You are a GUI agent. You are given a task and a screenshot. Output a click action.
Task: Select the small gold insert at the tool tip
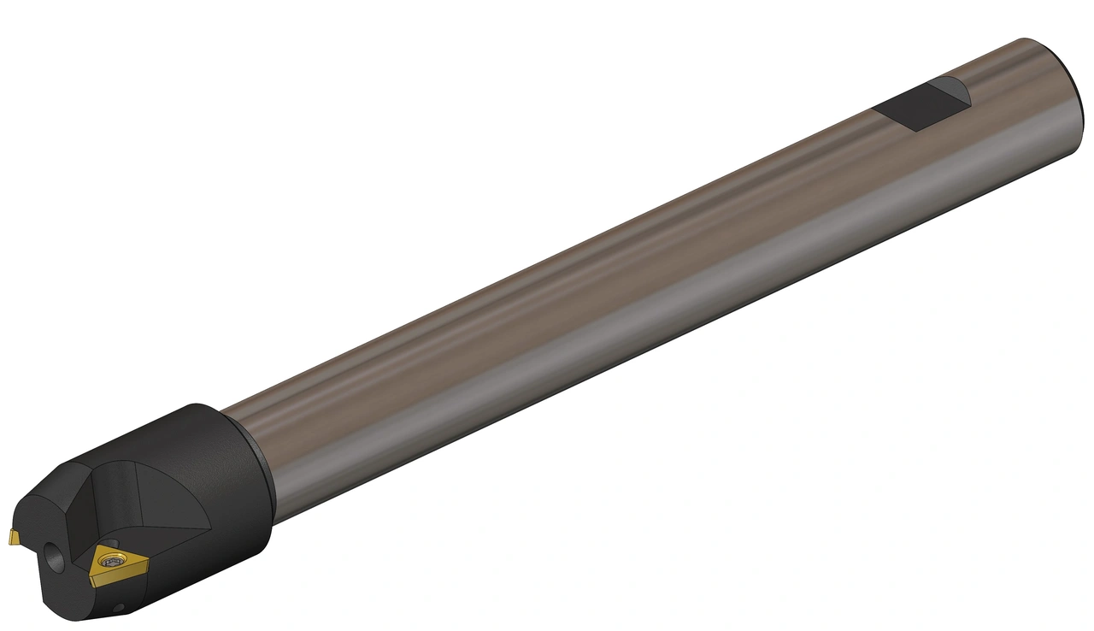tap(14, 536)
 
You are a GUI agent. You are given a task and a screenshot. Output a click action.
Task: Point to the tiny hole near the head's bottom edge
tap(121, 608)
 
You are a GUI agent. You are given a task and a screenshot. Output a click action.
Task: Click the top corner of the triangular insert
tap(108, 544)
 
